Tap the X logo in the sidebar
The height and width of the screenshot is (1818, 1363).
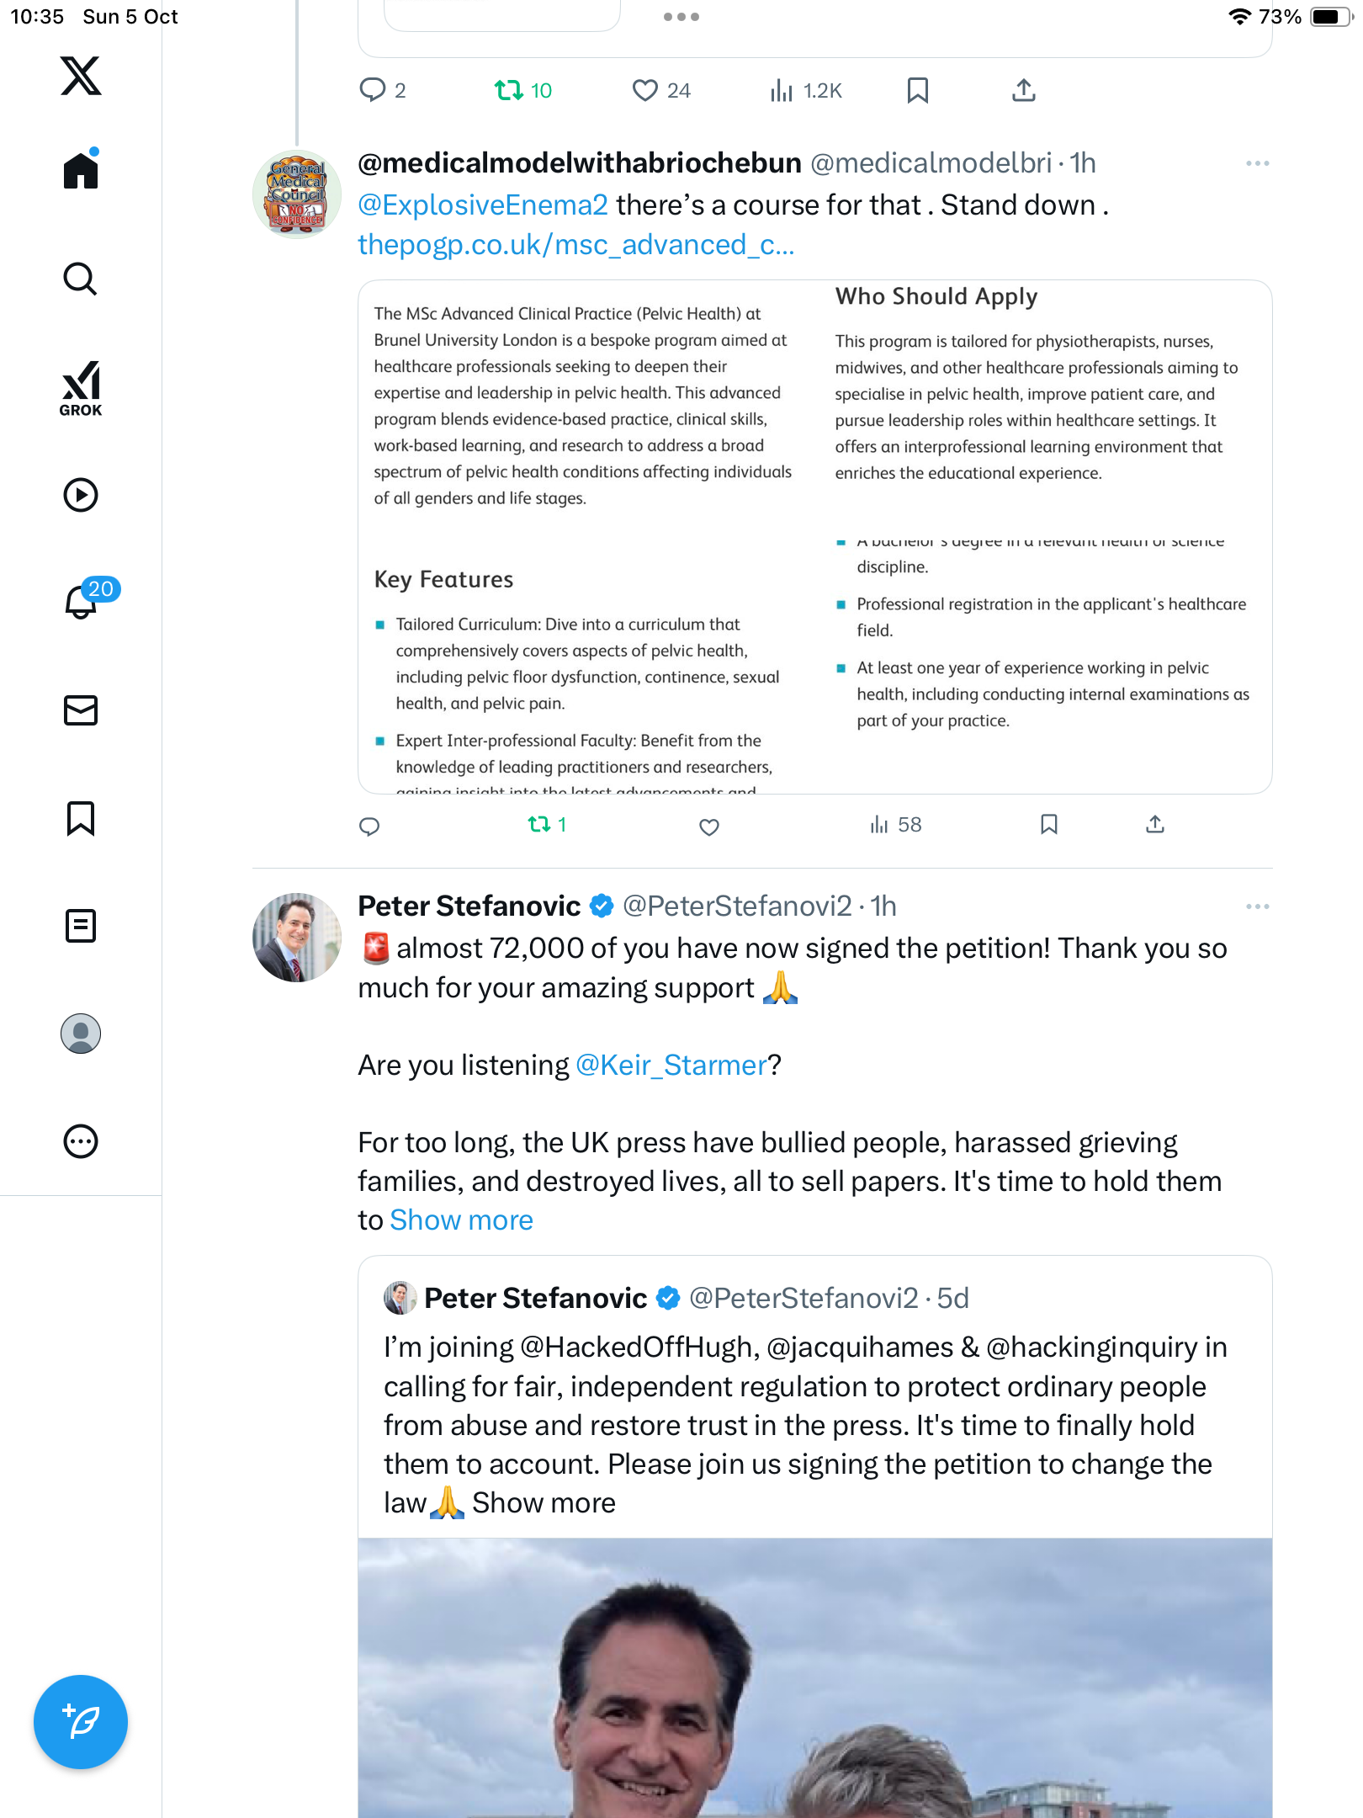coord(81,76)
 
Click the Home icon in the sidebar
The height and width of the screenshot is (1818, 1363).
coord(81,171)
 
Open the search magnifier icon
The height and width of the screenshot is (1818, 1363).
coord(81,279)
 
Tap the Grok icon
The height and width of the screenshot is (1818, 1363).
coord(81,388)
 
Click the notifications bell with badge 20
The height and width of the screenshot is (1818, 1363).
coord(82,601)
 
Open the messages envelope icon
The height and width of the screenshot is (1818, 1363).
coord(81,710)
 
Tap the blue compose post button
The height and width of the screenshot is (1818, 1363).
coord(81,1722)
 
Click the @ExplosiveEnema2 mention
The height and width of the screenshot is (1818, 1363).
coord(483,205)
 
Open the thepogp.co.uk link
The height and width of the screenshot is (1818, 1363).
coord(575,245)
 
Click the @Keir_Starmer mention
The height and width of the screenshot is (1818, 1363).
coord(671,1066)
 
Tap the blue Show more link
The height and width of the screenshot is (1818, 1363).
coord(461,1220)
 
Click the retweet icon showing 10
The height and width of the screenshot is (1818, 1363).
coord(509,90)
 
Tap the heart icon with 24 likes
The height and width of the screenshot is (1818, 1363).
coord(644,90)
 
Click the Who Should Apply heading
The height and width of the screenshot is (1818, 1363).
coord(936,296)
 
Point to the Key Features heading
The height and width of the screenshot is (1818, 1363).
coord(443,579)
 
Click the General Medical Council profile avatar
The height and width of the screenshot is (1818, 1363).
coord(297,194)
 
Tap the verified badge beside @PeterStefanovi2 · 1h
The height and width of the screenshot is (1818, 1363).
coord(602,906)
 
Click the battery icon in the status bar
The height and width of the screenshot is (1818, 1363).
coord(1330,17)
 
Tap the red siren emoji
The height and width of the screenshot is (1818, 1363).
coord(375,949)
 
